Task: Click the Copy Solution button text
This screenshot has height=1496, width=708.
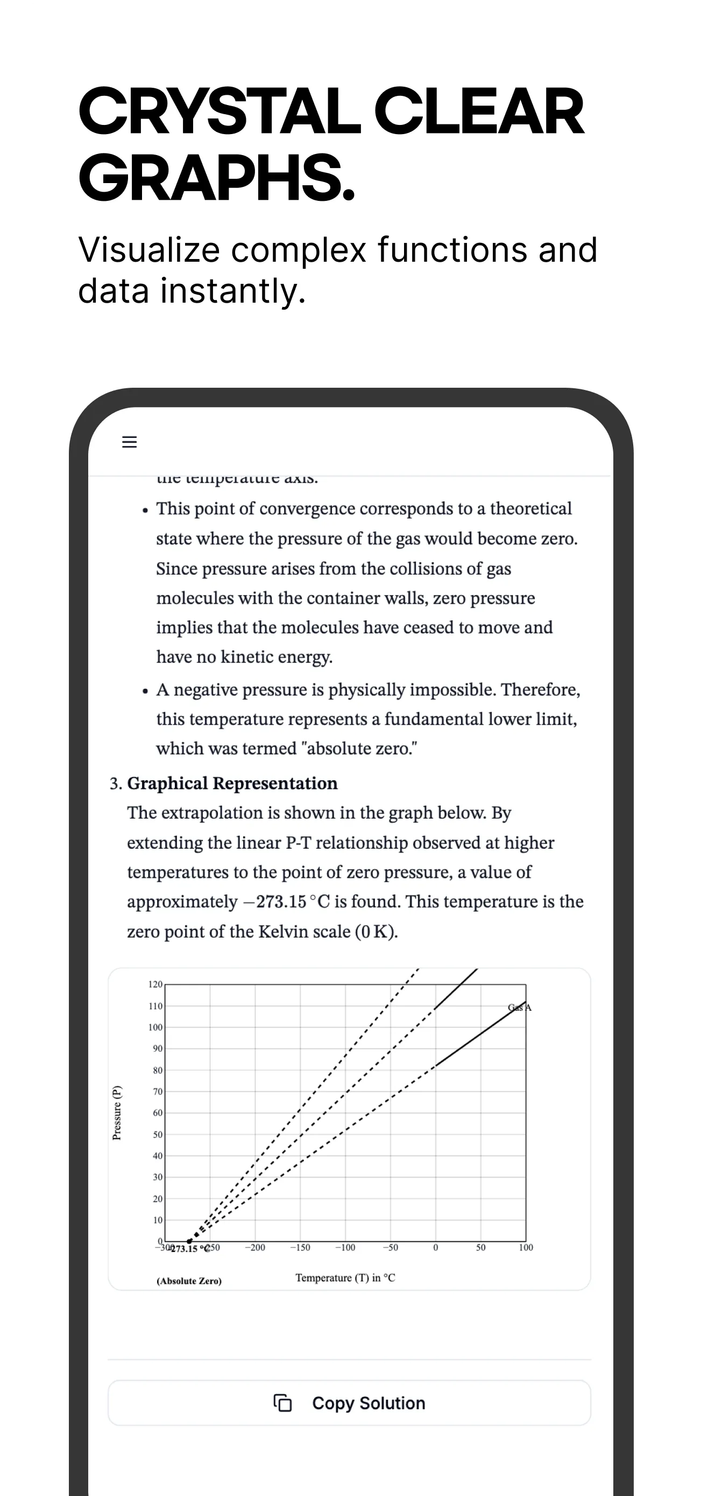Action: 369,1403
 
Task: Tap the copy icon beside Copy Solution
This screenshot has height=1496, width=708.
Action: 282,1403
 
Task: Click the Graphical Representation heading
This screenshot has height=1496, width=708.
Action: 232,784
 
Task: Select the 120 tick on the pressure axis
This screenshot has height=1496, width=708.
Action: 155,984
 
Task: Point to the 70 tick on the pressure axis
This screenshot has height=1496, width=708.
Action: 157,1091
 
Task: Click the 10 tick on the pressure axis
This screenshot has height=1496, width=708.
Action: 157,1220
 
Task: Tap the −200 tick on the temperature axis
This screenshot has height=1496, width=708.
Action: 255,1247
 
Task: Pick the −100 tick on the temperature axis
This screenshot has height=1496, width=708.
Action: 345,1247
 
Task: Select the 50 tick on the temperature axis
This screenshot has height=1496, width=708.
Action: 480,1247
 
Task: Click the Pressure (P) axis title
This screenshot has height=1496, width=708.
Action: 117,1112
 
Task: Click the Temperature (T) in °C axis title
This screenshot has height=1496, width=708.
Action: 345,1278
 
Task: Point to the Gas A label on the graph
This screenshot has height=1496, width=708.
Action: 519,1008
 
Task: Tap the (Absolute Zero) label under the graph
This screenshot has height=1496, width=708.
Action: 189,1281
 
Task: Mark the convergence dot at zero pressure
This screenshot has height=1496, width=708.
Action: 189,1241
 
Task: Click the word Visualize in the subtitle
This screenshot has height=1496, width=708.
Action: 149,250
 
